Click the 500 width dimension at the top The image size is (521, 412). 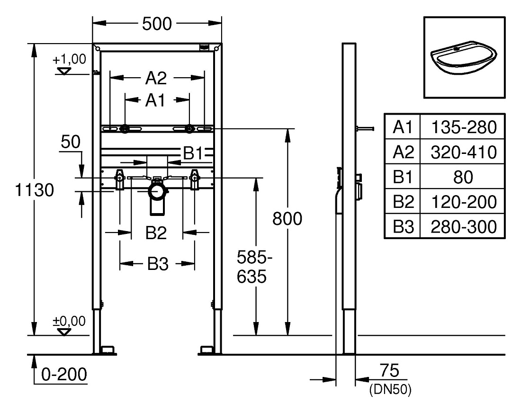point(157,24)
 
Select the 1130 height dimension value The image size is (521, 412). point(35,190)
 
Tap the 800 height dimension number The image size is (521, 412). point(287,219)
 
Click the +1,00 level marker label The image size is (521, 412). point(69,59)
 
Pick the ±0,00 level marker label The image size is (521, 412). point(69,321)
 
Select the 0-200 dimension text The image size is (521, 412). point(64,375)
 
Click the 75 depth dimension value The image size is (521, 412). point(389,370)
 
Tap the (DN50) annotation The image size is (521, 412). point(390,389)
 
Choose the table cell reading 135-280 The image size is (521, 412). point(464,127)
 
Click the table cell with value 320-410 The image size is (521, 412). point(464,152)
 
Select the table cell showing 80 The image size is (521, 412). point(463,177)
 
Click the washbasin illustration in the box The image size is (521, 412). point(464,58)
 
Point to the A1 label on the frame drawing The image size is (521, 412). point(155,100)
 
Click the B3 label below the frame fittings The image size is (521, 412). point(158,264)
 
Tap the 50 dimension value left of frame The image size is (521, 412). point(71,143)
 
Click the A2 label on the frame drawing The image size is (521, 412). point(156,79)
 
